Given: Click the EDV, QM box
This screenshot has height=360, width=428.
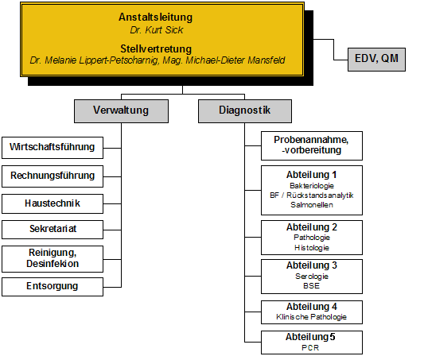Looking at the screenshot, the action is tap(376, 60).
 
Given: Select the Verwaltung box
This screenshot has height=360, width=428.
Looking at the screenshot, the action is tap(121, 111).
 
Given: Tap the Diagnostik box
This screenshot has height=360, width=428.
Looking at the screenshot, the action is tap(245, 111).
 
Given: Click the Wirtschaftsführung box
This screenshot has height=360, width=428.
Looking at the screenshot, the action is tap(53, 148).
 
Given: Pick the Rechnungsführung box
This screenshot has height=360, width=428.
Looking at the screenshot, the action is tap(53, 176).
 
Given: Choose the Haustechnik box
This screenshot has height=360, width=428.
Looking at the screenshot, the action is tap(53, 203).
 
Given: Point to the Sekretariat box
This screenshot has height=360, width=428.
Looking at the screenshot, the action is tap(53, 230).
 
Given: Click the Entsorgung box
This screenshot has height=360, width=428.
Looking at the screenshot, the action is tap(53, 287).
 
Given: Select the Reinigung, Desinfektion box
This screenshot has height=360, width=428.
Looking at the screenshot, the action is tap(53, 259).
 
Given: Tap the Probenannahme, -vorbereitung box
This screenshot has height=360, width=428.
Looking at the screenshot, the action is tap(312, 145).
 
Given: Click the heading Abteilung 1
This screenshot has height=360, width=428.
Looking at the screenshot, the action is tap(311, 175).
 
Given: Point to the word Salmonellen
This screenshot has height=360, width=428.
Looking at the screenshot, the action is tap(312, 205).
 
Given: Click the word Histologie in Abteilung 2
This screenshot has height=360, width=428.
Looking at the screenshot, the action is tap(312, 248).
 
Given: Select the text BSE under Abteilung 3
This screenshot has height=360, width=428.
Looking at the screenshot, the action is tap(311, 286).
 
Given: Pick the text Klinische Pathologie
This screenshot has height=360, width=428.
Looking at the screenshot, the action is tap(311, 317).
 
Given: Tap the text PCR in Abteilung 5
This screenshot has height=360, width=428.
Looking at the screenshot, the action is tap(310, 348).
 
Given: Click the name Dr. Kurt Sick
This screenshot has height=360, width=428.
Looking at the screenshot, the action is tap(157, 30).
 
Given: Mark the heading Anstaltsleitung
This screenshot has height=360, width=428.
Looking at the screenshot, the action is tap(156, 17).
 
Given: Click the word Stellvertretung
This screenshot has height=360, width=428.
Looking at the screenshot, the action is tap(156, 48).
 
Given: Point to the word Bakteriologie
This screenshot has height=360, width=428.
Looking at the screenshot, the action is tap(312, 186).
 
